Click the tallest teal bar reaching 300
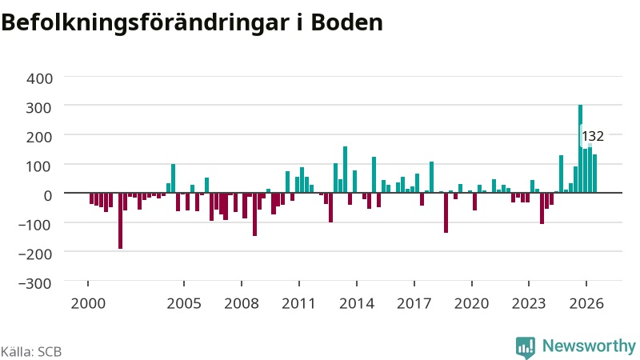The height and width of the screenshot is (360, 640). click(x=580, y=149)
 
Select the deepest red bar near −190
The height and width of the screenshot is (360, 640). click(x=121, y=221)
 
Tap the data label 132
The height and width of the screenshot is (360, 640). click(x=593, y=136)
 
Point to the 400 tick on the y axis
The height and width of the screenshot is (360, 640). click(x=39, y=78)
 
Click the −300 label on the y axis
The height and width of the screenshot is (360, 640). click(x=35, y=283)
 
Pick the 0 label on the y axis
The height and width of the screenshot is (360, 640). click(x=48, y=195)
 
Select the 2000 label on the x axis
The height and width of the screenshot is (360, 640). click(x=88, y=303)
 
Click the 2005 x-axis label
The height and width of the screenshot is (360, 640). click(x=184, y=303)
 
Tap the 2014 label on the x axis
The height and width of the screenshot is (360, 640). click(x=357, y=303)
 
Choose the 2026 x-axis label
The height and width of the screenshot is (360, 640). click(x=586, y=303)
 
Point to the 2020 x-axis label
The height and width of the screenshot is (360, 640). click(x=472, y=303)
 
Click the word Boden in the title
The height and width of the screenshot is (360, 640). click(x=347, y=22)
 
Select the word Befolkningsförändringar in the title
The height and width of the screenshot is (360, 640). click(x=145, y=23)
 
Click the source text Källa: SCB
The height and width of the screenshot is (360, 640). click(x=31, y=351)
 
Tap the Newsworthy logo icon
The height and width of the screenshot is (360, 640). click(x=526, y=347)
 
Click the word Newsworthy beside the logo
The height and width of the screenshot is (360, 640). click(x=589, y=346)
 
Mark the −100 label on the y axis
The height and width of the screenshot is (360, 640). click(x=35, y=225)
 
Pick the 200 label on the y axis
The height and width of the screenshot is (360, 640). click(x=39, y=137)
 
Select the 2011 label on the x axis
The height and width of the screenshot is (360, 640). click(x=298, y=303)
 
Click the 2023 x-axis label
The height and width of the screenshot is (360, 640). click(x=529, y=303)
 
